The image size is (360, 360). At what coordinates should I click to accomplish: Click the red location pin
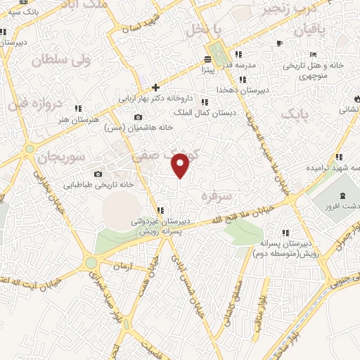tap(181, 165)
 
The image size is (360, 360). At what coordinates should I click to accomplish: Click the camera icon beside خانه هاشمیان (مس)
tap(138, 117)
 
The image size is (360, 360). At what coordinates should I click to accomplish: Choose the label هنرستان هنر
tap(63, 120)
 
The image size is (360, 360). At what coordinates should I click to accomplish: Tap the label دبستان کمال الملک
tap(204, 112)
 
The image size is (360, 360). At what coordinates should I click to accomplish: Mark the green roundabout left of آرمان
tap(91, 263)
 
